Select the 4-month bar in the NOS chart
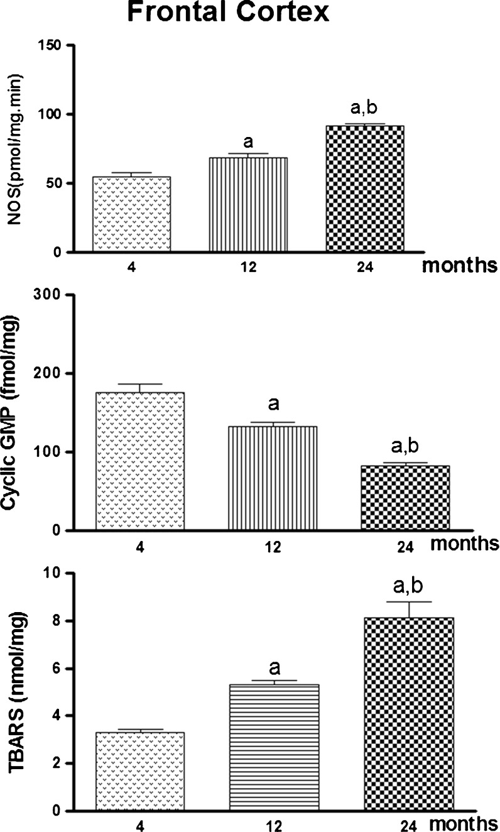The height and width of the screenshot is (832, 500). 131,214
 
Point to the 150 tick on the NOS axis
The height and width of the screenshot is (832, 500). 53,46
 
